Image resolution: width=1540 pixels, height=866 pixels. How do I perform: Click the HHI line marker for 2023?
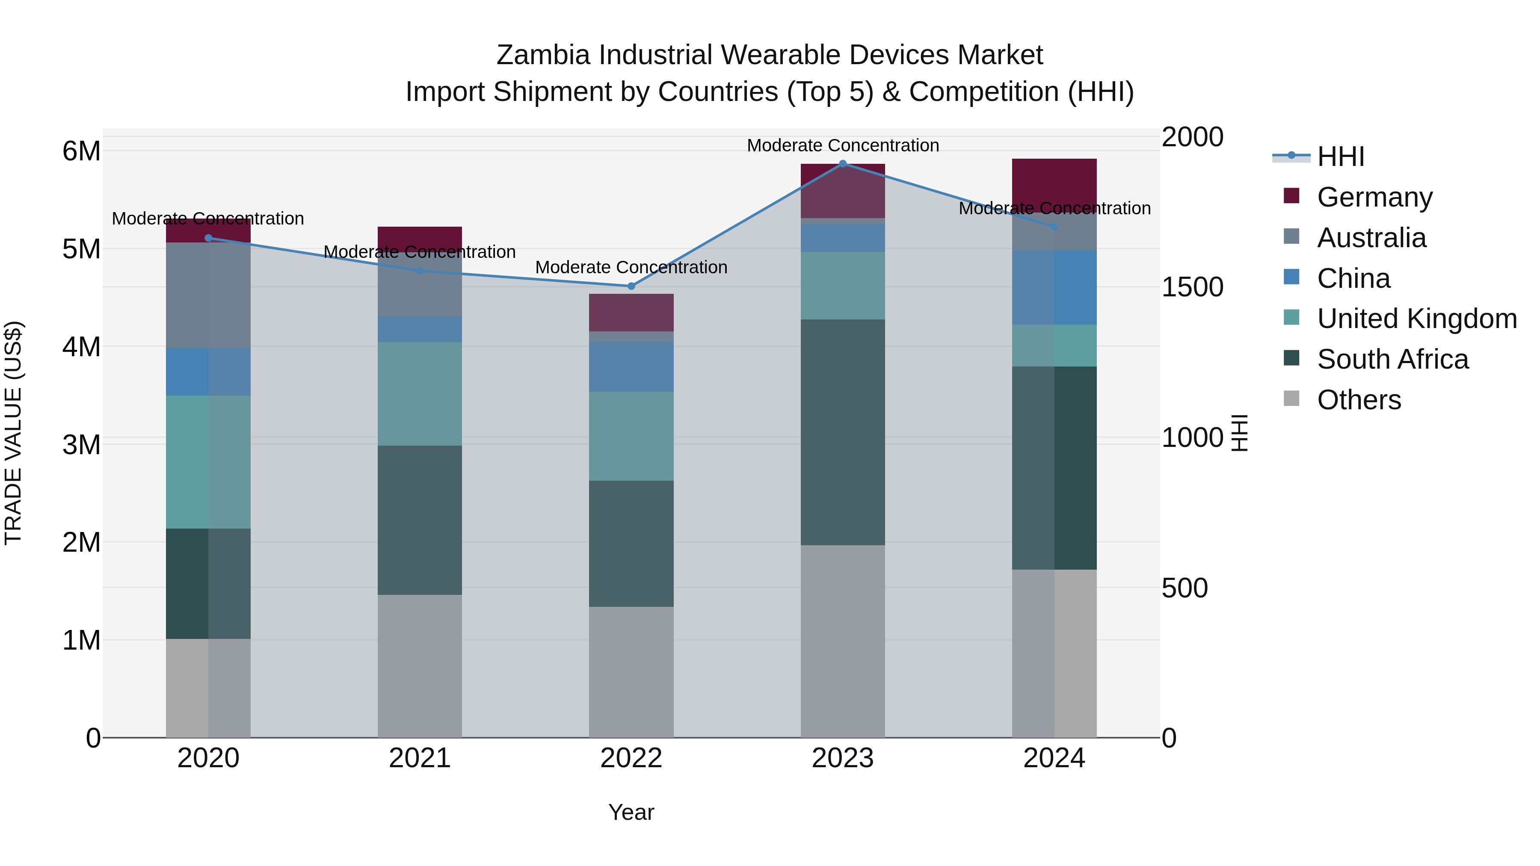[842, 163]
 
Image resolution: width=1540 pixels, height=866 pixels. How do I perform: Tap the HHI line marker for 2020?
[208, 238]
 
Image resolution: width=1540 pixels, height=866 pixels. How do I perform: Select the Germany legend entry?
[1374, 197]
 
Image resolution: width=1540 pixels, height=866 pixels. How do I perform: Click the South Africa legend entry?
[1392, 359]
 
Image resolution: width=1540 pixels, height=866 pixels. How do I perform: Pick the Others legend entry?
[1358, 400]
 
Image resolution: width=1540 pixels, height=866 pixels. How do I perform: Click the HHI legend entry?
[1340, 157]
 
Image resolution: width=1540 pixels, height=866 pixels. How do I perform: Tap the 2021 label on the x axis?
[420, 758]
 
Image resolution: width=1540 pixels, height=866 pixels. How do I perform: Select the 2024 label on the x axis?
[1054, 758]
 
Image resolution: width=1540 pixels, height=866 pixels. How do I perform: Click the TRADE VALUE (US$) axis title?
[13, 433]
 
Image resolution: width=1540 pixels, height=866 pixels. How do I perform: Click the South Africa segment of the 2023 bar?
[842, 432]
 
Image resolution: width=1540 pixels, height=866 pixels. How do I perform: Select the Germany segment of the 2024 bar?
[1054, 185]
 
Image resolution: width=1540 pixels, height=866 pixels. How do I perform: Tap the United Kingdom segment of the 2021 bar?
[420, 393]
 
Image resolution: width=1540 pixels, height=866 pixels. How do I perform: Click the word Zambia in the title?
[543, 55]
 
